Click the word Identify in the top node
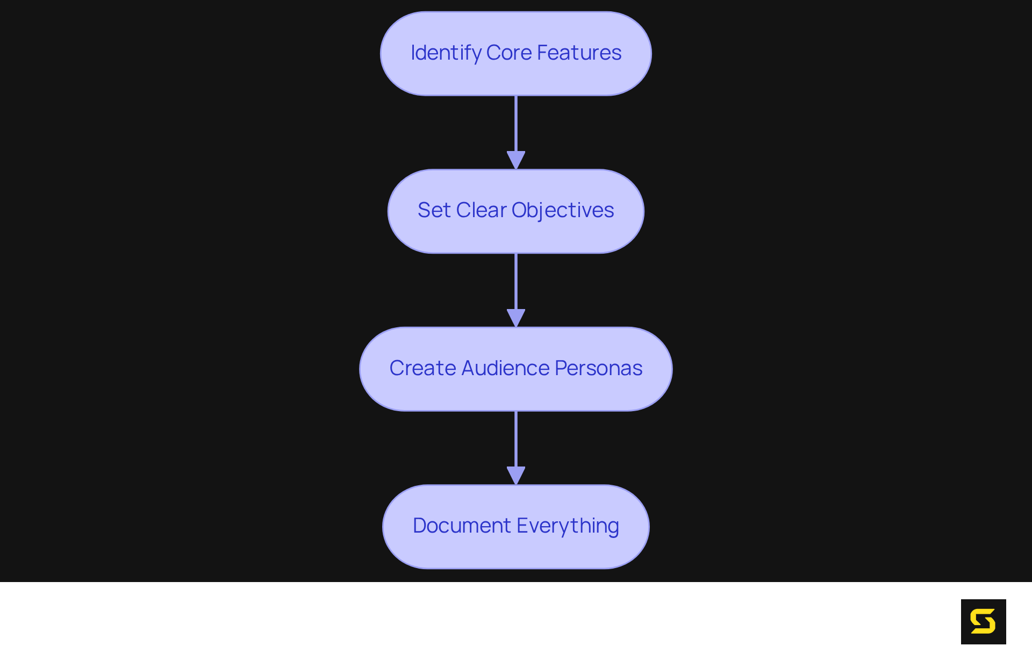tap(446, 53)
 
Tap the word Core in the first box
tap(508, 53)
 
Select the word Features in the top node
tap(579, 53)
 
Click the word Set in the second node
tap(434, 210)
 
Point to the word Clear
tap(481, 210)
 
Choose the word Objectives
tap(562, 210)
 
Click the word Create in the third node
tap(422, 368)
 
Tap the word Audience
tap(505, 368)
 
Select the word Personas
tap(598, 368)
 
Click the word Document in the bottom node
tap(462, 526)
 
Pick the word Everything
tap(568, 526)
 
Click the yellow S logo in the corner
tap(983, 621)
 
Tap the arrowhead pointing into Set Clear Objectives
tap(516, 160)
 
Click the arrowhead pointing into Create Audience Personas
tap(516, 318)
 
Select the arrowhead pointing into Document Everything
tap(516, 475)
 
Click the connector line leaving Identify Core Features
tap(516, 124)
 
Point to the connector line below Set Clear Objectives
tap(516, 281)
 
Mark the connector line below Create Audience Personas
tap(516, 439)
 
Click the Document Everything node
tap(516, 554)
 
